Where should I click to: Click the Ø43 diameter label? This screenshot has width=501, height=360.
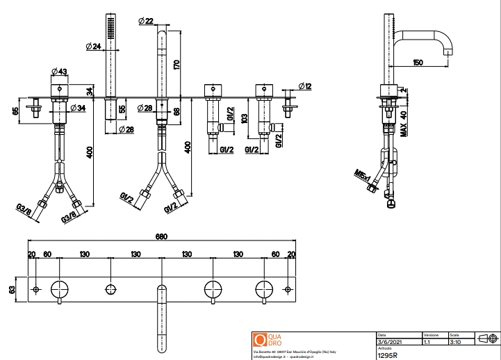click(59, 72)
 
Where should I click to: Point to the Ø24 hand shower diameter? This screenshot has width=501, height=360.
click(94, 47)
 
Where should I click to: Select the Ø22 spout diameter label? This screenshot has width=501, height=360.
click(146, 22)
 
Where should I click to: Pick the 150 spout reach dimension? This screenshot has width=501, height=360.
click(418, 63)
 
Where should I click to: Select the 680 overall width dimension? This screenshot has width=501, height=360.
click(161, 237)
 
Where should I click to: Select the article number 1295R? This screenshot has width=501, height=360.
click(387, 354)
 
